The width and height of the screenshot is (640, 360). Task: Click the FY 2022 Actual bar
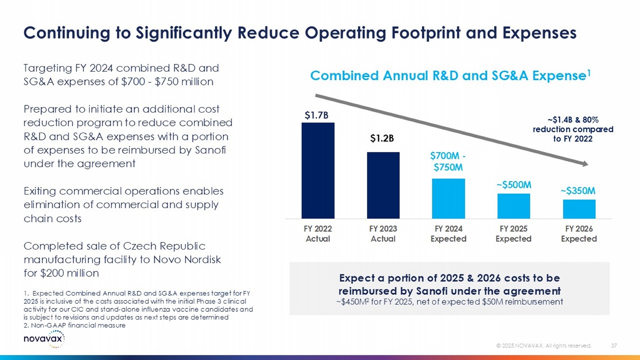coord(318,171)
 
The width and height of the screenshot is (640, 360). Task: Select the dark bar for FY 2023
coord(383,185)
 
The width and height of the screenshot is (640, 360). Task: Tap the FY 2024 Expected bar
coord(448,198)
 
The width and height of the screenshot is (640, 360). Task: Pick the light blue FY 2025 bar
coord(514,206)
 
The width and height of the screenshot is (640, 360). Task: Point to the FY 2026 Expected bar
coord(579,209)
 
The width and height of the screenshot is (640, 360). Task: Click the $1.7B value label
coord(316,115)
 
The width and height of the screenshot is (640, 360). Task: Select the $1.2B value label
coord(382,138)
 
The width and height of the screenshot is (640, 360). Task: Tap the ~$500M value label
coord(514,185)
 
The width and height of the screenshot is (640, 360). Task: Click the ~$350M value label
coord(578,191)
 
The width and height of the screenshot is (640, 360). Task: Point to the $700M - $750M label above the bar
coord(448,162)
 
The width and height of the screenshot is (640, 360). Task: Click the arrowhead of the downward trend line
coord(585,164)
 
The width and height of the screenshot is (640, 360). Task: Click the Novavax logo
coord(44,339)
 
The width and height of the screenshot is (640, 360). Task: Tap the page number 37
coord(614,345)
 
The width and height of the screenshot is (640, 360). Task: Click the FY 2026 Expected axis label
coord(579,234)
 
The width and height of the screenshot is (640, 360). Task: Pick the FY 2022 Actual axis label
coord(318,234)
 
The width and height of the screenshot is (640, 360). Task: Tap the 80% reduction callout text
coord(573,129)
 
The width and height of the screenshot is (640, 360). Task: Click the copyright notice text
coord(544,345)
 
